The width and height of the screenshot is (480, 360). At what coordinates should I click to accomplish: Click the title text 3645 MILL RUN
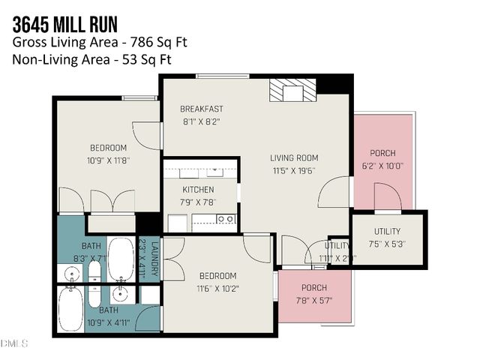pos(64,21)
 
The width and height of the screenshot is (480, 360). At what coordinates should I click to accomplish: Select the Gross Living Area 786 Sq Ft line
pos(99,42)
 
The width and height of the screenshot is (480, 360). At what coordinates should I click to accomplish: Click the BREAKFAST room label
pos(202,109)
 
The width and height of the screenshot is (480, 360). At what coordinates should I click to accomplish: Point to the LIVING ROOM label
pos(294,158)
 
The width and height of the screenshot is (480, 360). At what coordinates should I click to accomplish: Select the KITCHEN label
pos(198,190)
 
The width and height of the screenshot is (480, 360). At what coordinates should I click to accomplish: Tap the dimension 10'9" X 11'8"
pos(109,159)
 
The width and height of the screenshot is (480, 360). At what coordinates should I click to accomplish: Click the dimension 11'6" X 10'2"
pos(217,287)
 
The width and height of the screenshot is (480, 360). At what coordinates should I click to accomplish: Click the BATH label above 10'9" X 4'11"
pos(109,310)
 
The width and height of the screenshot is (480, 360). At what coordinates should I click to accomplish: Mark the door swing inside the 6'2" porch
pos(388,196)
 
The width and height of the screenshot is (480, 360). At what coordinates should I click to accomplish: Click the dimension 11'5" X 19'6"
pos(293,170)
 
